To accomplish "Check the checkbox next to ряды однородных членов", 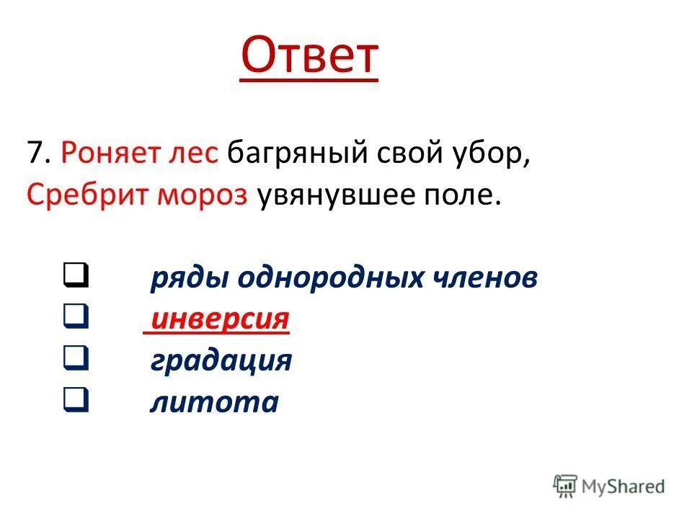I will coord(75,274).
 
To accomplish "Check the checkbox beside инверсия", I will coord(75,315).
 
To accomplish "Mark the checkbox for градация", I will coord(75,356).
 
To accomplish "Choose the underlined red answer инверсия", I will coord(220,318).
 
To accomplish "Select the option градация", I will coord(221,360).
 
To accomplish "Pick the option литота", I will coord(213,401).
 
